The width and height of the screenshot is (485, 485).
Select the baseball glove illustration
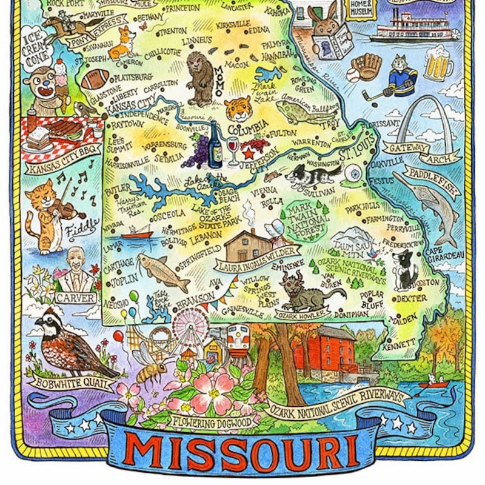pos(366,65)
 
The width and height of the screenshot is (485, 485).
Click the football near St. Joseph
pos(95,78)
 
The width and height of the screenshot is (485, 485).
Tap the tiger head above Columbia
pos(238,108)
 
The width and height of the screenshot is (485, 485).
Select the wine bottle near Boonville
pos(215,145)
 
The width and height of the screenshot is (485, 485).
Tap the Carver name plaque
pos(76,298)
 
